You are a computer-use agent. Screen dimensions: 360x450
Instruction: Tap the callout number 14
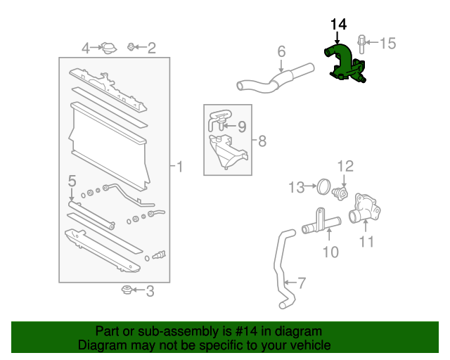point(338,25)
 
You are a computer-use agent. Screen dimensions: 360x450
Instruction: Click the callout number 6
point(281,51)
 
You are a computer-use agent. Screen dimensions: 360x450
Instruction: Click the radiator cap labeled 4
point(108,48)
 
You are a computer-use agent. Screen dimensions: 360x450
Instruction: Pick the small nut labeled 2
point(131,47)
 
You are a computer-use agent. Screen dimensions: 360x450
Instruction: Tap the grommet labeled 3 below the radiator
point(127,290)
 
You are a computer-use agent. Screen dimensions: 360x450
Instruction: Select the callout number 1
point(179,167)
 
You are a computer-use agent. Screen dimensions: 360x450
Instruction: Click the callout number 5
point(71,181)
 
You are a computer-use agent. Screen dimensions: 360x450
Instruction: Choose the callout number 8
point(262,141)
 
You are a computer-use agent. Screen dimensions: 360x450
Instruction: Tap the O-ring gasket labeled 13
point(323,187)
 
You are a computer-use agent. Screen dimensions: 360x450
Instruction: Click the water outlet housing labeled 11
point(367,211)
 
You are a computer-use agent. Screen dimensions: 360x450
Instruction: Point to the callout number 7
point(301,283)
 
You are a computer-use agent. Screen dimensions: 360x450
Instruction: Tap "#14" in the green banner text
point(245,331)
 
